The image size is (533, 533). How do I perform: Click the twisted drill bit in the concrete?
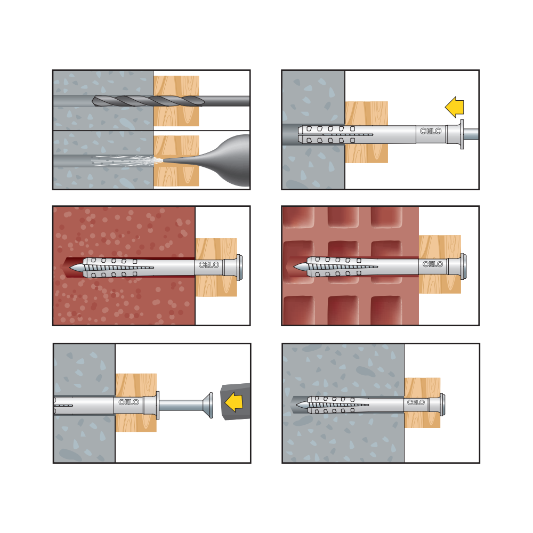pos(148,101)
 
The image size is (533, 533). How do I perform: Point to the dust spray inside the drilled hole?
pos(126,161)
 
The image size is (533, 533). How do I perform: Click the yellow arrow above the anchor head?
pos(455,107)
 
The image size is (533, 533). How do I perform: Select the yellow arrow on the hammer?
pos(234,401)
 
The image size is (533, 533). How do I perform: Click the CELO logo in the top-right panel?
pos(430,131)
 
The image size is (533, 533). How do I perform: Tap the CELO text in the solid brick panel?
pos(209,265)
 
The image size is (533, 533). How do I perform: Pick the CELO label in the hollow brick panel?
pos(433,264)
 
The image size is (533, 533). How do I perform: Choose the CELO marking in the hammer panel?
pos(128,402)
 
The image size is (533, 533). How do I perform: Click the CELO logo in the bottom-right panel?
pos(416,402)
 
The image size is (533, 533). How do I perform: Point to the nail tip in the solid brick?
pos(76,268)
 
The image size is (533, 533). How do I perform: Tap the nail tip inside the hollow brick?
pos(300,267)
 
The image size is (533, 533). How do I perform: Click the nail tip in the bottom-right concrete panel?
pos(302,405)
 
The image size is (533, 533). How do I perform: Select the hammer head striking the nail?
pos(236,401)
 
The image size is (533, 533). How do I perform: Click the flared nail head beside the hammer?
pos(208,405)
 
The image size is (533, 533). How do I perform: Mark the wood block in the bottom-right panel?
pos(422,402)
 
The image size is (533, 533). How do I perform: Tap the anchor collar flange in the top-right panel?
pos(462,134)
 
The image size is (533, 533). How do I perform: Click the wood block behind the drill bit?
pos(176,101)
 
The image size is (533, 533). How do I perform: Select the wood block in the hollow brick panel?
pos(440,264)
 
